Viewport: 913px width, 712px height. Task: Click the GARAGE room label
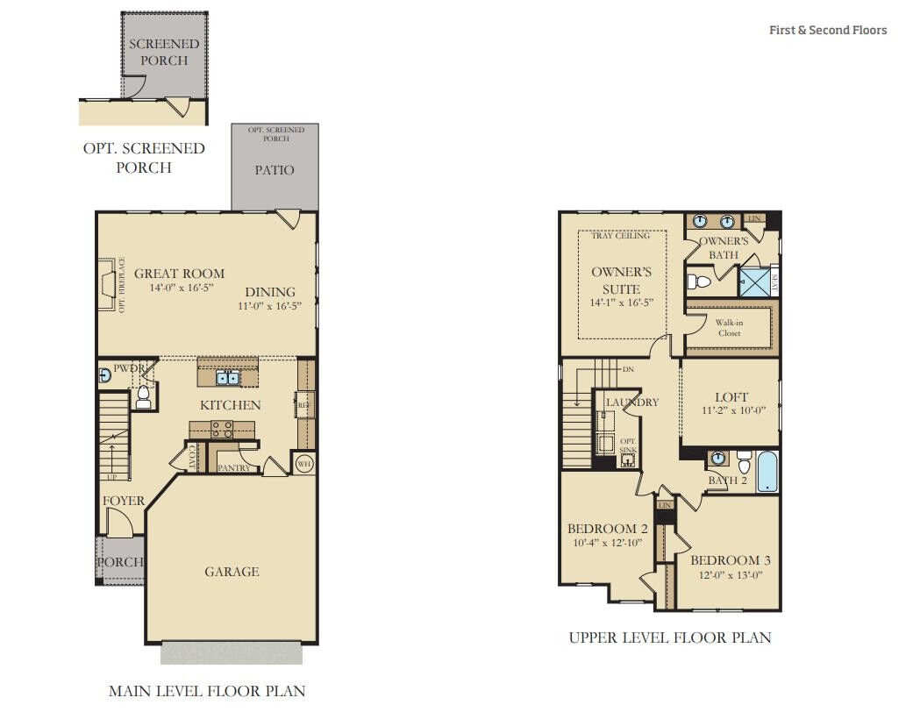coord(232,572)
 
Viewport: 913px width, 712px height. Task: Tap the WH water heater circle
coord(304,463)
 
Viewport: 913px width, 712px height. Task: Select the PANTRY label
coord(234,468)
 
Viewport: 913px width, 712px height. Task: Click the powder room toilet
coord(143,400)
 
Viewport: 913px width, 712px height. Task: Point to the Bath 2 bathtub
coord(767,472)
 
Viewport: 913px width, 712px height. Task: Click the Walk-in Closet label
coord(730,328)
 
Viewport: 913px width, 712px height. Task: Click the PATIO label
coord(275,170)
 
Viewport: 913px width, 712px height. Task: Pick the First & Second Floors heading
coord(828,30)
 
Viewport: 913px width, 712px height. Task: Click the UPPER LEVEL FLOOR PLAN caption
coord(670,637)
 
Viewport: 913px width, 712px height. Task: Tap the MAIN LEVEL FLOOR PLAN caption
coord(207,691)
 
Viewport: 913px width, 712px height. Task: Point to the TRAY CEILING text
coord(621,235)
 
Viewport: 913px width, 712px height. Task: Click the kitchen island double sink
coord(228,379)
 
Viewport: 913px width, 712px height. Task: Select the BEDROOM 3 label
coord(730,560)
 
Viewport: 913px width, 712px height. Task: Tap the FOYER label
coord(124,501)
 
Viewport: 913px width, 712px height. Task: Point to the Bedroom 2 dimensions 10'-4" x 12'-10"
coord(608,543)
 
